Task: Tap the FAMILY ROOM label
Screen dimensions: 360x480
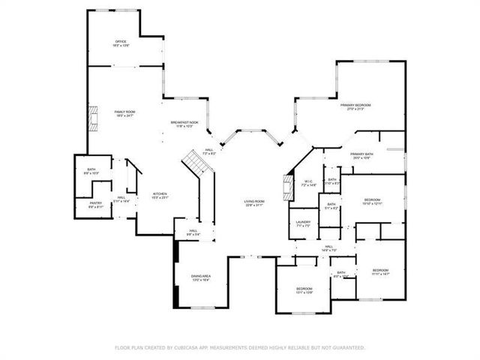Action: (x=124, y=112)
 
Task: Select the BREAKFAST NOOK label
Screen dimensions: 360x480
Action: (x=184, y=123)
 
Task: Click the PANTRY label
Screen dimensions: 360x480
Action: (x=95, y=203)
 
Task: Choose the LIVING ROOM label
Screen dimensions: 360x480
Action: (x=253, y=202)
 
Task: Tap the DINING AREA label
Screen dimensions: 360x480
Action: (x=200, y=277)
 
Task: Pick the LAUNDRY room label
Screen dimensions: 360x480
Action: (x=303, y=222)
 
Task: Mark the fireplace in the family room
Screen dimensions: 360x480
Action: (x=93, y=118)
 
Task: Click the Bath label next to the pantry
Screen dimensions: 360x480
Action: (x=91, y=171)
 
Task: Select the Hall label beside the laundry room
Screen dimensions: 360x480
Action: (x=328, y=247)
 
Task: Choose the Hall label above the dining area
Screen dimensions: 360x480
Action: (x=193, y=232)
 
